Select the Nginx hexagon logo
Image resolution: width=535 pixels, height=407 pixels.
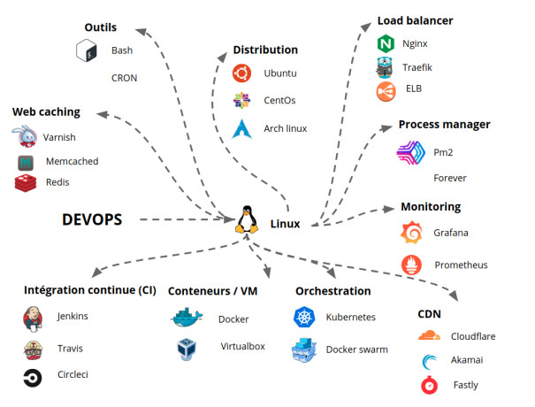click(x=386, y=43)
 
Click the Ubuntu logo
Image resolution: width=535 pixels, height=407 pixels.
click(x=241, y=73)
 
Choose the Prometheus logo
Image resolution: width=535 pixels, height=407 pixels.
click(x=411, y=265)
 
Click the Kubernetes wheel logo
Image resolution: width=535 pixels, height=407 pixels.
click(x=303, y=317)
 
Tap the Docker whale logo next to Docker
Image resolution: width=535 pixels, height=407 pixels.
click(x=187, y=319)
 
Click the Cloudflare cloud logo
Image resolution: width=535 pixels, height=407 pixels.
click(x=428, y=336)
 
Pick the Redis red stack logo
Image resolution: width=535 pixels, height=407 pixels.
click(x=27, y=182)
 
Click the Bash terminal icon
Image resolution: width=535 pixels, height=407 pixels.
click(x=85, y=51)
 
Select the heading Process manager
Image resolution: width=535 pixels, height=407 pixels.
click(x=444, y=124)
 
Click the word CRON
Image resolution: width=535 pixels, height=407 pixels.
click(x=124, y=78)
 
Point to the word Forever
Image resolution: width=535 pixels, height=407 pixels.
click(x=449, y=178)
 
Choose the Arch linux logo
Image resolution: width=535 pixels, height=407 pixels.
click(x=242, y=127)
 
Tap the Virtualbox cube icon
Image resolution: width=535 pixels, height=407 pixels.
click(x=187, y=347)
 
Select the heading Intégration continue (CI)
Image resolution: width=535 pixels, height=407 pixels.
click(x=89, y=290)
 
